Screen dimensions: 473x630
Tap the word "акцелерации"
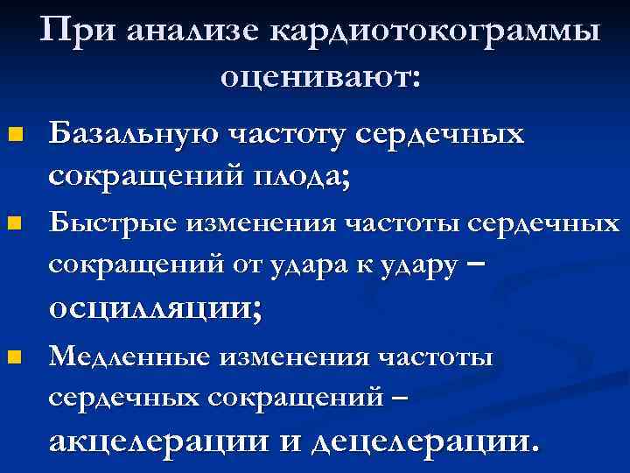tap(160, 441)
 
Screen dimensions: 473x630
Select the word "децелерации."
tap(423, 441)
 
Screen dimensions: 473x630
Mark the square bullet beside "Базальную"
tap(12, 136)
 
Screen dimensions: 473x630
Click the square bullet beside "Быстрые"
tap(12, 224)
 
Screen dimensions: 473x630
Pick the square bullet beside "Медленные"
tap(12, 357)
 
